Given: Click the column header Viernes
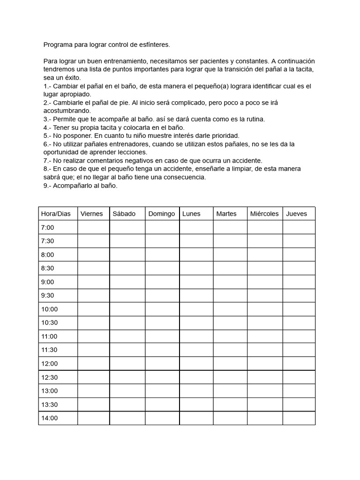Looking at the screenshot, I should coord(91,214).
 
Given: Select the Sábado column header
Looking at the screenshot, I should coord(124,214).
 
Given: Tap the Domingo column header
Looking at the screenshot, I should coord(161,214).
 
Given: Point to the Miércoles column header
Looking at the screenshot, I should coord(264,214).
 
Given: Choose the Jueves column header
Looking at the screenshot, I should coord(296,214).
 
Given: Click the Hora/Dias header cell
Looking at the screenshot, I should coord(56,214).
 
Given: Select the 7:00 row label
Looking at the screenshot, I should coord(48,227).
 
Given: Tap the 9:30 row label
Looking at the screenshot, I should coord(48,295).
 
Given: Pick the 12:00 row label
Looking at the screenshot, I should coord(49,363).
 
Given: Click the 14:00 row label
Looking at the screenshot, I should coord(49,418).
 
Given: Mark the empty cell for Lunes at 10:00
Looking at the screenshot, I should coord(196,309).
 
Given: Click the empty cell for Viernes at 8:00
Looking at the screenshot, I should coord(93,255).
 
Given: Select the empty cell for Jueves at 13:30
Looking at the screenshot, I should coord(299,405).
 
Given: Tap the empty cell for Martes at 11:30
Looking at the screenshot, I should coord(230,350).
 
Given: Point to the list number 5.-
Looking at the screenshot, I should coord(47,135).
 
